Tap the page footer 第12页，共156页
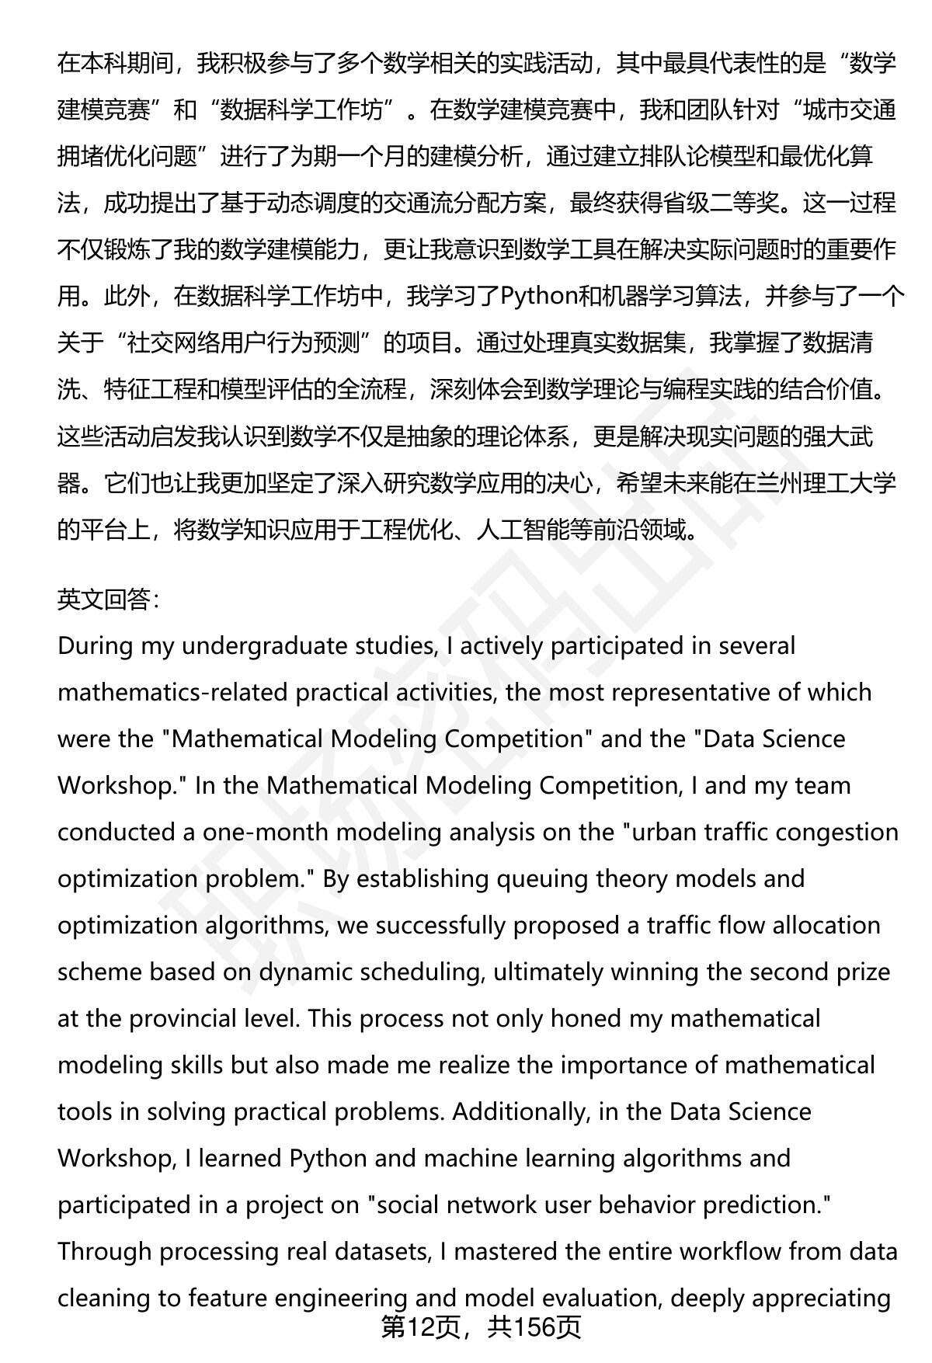pos(480,1327)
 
